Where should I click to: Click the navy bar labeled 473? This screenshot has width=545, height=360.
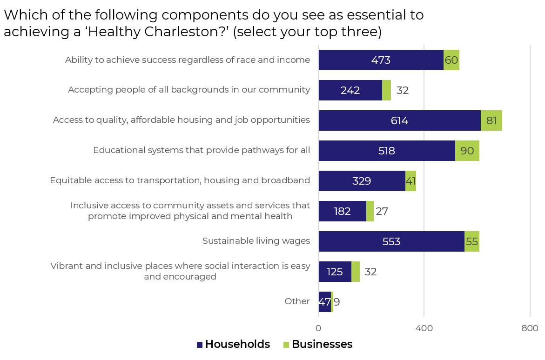[x=381, y=60]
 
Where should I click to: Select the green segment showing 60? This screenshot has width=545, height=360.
[x=451, y=60]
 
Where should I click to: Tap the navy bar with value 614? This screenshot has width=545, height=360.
[x=399, y=120]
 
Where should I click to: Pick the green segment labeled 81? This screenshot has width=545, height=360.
[x=491, y=120]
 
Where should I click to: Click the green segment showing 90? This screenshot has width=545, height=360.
[x=467, y=151]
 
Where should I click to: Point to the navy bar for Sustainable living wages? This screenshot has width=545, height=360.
[x=391, y=241]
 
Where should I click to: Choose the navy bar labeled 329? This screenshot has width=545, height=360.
[x=362, y=181]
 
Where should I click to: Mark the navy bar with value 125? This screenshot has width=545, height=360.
[x=335, y=272]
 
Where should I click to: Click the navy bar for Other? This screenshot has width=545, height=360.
[x=324, y=302]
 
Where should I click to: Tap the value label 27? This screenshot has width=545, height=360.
[x=382, y=211]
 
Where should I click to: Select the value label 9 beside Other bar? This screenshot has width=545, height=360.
[x=337, y=302]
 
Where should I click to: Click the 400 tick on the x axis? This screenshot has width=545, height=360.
[x=424, y=328]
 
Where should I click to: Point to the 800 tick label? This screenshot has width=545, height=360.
[x=530, y=328]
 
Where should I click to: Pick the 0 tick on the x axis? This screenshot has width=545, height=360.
[x=318, y=328]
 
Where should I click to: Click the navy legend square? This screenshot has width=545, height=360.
[x=200, y=345]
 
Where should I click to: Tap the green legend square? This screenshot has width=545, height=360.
[x=286, y=345]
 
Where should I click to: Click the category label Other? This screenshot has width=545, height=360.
[x=297, y=301]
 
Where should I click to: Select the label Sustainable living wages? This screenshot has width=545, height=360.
[x=256, y=241]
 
